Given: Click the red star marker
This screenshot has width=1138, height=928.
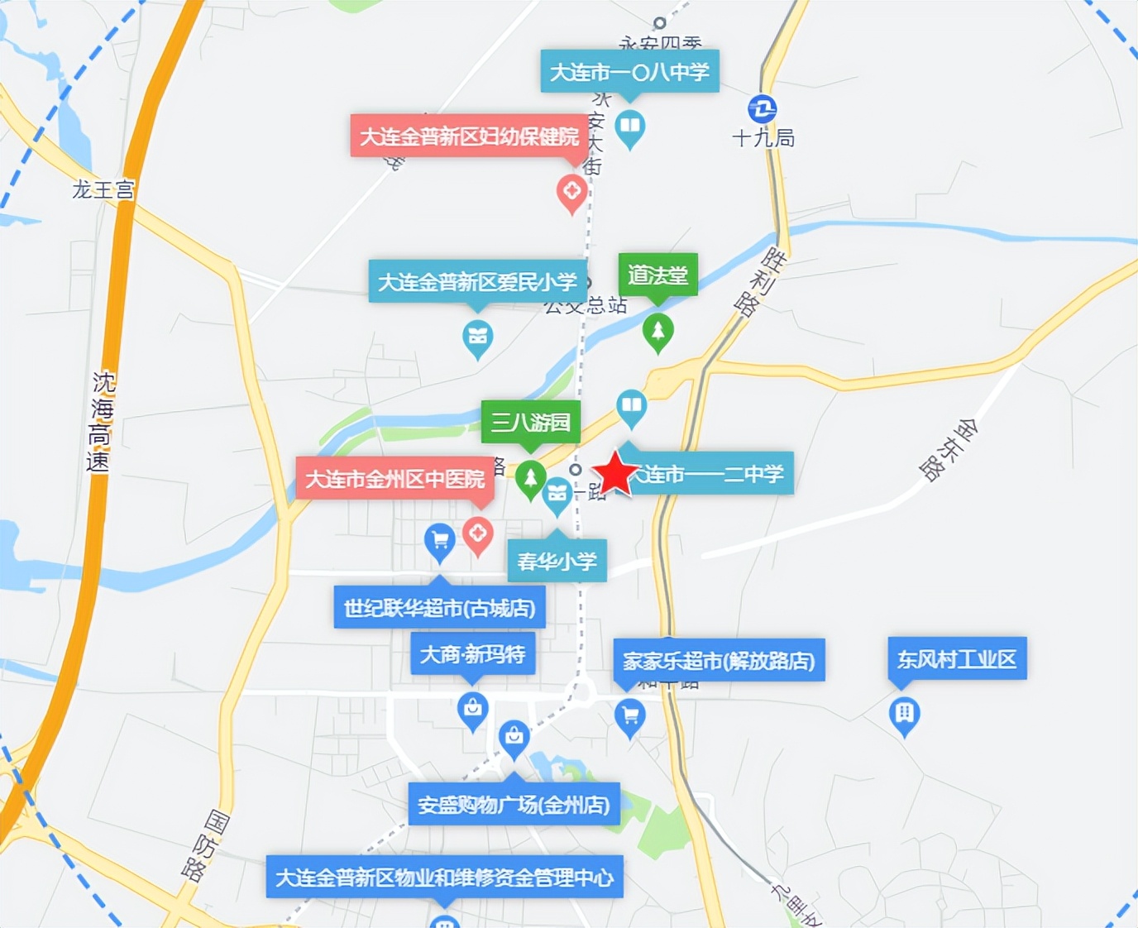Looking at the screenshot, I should coord(616,474).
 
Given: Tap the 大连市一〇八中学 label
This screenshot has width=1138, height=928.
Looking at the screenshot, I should coord(629,72).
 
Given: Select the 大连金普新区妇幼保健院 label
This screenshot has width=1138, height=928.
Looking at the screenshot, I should coord(469,136).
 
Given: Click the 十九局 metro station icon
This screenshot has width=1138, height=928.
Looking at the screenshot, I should coord(762,109).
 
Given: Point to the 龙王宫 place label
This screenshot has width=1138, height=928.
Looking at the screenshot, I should coord(103,190).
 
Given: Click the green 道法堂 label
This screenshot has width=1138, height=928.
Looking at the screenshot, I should coord(657,274).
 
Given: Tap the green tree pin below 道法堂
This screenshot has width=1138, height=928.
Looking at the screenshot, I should coord(657,332).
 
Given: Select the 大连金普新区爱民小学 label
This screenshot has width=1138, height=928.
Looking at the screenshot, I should coord(477,282).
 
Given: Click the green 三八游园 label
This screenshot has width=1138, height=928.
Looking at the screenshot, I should coord(530,423).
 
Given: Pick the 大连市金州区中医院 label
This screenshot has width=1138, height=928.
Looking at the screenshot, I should coord(394,479).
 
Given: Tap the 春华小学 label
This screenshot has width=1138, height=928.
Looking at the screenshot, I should coord(557,562).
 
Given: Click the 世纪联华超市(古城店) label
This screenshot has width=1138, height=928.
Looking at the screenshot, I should coord(439,608).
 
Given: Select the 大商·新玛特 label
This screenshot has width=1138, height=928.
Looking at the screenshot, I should coord(472,654).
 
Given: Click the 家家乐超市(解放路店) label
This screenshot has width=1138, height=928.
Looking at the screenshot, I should coord(719,660).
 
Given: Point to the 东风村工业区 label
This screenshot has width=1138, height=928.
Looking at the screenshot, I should coord(957,659).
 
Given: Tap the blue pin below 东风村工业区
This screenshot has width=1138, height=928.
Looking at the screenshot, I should coord(904,714).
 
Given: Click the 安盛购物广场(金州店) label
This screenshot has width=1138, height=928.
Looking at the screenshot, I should coord(514,804).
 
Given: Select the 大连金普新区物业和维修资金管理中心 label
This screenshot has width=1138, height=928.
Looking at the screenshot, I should coord(444,877).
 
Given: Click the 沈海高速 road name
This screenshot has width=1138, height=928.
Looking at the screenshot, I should coord(100,422).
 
